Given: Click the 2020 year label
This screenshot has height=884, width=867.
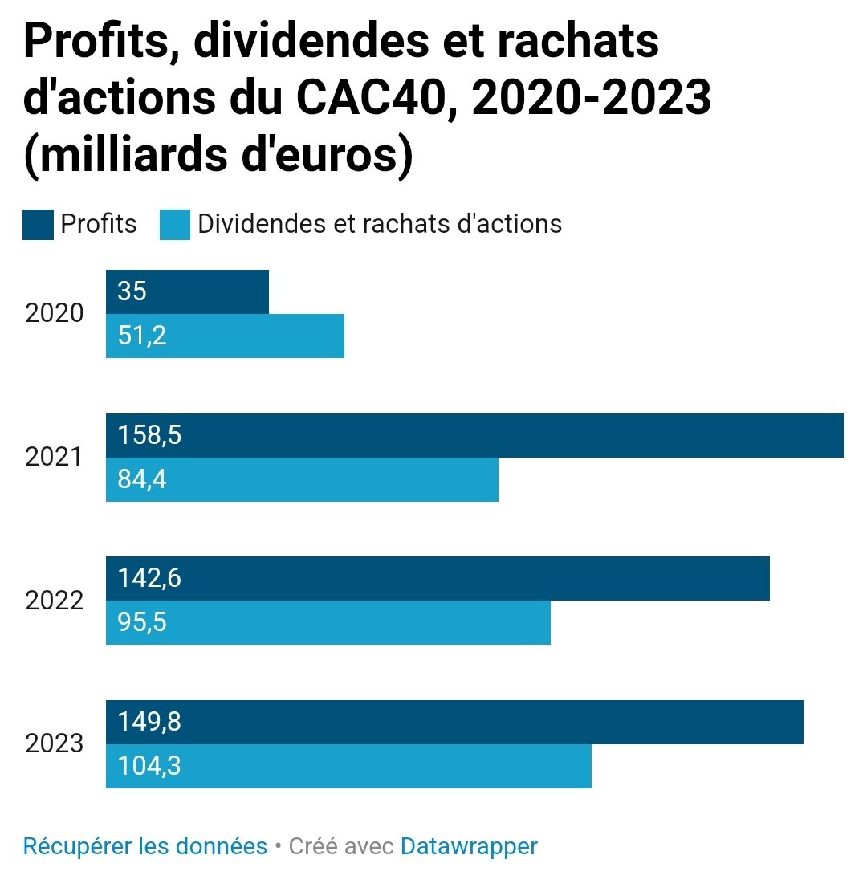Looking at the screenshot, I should (54, 313).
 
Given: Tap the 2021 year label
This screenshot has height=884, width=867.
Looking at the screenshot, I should (54, 457).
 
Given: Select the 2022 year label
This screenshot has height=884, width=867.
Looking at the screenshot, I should (54, 600).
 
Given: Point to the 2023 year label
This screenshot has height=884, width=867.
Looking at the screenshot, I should (54, 743).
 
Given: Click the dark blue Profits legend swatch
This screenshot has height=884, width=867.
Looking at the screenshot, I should (38, 225).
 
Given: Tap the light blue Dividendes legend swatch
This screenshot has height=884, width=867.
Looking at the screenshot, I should (174, 225).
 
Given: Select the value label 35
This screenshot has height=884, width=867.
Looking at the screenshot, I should (132, 291).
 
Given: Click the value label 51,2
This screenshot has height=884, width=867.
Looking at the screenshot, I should (142, 336).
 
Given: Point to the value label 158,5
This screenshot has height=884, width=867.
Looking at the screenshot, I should (149, 435).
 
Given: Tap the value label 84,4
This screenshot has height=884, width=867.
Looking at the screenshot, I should (142, 479).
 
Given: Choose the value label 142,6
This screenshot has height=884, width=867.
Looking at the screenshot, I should (149, 578).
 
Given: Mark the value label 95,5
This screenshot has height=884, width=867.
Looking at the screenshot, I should (142, 622).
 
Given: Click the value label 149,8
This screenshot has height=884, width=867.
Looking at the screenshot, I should (149, 722).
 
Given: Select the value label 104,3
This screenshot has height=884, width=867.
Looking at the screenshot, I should (149, 766).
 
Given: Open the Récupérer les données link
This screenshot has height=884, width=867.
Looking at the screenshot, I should (144, 846).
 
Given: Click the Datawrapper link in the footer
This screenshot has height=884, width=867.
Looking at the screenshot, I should (469, 846).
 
